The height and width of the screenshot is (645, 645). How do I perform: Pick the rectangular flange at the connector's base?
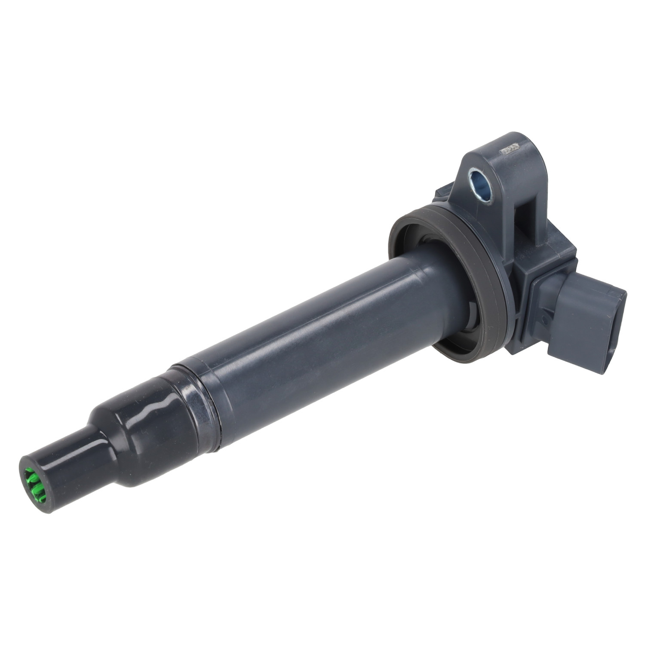coord(542,310)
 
